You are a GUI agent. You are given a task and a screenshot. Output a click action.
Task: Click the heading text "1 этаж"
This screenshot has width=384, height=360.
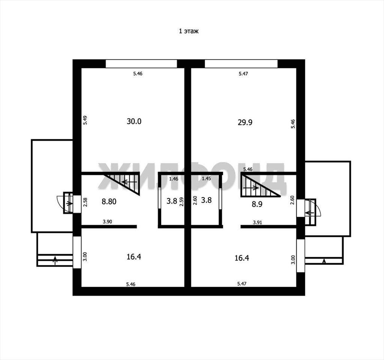[x=189, y=31]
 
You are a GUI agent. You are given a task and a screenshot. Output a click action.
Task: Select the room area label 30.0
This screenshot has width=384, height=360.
[x=134, y=121]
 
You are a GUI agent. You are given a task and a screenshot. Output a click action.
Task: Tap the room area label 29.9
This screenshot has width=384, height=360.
[x=245, y=122]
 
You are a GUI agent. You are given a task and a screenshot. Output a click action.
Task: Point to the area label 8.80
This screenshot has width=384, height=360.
[x=109, y=202]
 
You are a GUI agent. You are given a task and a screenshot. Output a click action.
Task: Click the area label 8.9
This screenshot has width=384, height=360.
[x=257, y=204]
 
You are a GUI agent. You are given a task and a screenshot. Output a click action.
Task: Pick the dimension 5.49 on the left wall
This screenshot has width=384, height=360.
[x=85, y=120]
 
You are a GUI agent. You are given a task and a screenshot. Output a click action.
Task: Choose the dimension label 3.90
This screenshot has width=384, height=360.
[x=107, y=222]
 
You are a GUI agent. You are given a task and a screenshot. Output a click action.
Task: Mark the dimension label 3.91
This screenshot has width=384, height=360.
[x=258, y=223]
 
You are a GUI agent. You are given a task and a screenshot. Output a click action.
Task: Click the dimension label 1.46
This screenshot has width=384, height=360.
[x=174, y=179]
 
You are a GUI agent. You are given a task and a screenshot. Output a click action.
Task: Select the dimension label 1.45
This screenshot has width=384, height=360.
[x=206, y=179]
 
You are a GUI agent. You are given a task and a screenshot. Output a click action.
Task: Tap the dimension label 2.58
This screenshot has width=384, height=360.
[x=85, y=202]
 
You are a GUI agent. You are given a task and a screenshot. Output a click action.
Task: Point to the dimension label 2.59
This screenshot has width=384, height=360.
[x=181, y=202]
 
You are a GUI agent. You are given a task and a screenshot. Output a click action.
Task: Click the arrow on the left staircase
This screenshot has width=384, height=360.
[x=129, y=182]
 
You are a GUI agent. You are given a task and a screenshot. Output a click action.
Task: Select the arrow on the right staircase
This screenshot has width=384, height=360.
[x=251, y=188]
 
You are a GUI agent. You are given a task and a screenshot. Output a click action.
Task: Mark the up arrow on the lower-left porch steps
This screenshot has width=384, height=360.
[x=55, y=261]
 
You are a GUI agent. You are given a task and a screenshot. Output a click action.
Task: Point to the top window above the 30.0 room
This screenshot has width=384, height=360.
[x=141, y=63]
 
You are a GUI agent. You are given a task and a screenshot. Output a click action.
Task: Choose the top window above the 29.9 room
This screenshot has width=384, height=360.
[x=241, y=63]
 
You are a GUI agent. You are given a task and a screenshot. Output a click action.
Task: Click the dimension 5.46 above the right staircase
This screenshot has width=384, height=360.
[x=248, y=169]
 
